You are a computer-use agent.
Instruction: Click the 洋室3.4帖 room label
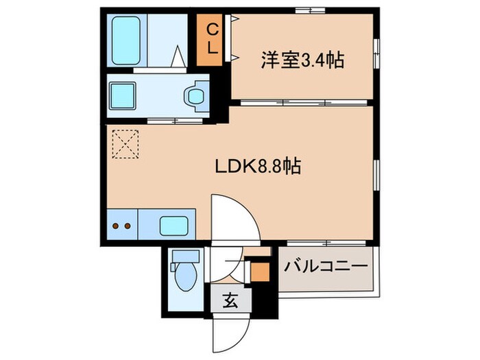pos(301,60)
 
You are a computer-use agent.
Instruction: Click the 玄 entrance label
pos(230,300)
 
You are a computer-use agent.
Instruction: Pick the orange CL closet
pos(213,40)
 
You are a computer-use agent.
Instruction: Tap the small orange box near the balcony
pos(259,272)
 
